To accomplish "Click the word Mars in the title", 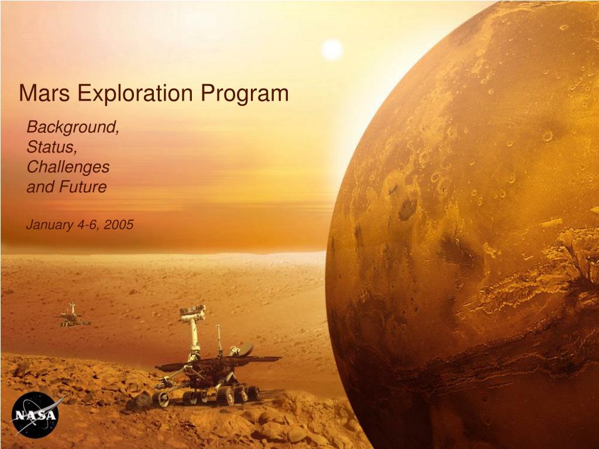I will click(40, 94).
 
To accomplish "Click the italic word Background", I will click(73, 126).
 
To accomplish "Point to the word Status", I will click(51, 147).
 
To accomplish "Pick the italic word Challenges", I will click(68, 167).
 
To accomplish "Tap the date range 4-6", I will click(88, 224).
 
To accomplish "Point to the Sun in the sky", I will click(332, 49).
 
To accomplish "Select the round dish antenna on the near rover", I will click(246, 350).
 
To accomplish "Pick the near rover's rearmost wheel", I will click(253, 392).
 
